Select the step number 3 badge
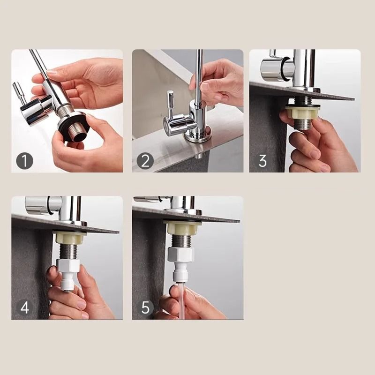click(x=262, y=161)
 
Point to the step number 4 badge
click(x=25, y=307)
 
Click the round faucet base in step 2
click(x=197, y=136)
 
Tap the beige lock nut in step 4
click(x=69, y=237)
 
